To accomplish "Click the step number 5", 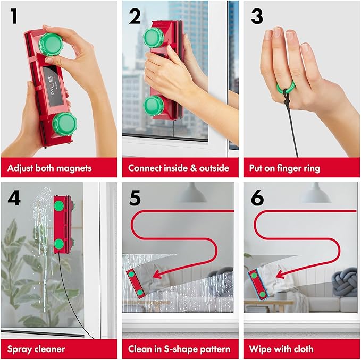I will click(x=135, y=198).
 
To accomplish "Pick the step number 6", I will click(x=257, y=198).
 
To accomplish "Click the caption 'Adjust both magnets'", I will click(x=49, y=168).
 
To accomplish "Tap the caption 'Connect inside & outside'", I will click(x=179, y=168).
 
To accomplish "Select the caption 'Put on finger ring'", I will click(x=284, y=168).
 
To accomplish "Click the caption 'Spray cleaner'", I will click(x=36, y=349).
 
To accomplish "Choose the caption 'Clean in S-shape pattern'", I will click(x=179, y=349).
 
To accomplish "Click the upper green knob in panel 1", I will click(x=51, y=44).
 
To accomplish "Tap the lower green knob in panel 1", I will click(x=65, y=124).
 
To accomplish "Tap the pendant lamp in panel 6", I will click(x=315, y=194).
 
